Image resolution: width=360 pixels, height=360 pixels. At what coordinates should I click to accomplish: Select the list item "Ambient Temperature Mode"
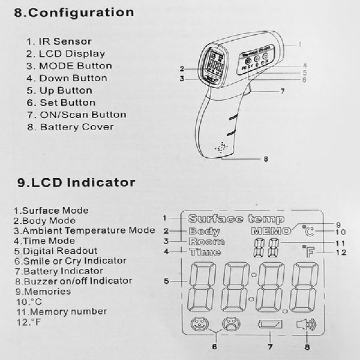(84, 230)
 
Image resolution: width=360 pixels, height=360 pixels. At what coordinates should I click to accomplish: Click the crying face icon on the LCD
(229, 326)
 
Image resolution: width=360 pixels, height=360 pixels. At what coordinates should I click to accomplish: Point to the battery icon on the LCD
(269, 326)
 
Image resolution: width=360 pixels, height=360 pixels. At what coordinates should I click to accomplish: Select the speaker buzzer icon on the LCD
(305, 326)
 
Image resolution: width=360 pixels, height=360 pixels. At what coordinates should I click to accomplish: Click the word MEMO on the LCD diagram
(271, 231)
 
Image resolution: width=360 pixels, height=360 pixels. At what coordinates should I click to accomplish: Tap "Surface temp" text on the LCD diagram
(235, 218)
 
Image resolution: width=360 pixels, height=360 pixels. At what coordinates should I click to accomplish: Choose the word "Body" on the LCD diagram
(205, 231)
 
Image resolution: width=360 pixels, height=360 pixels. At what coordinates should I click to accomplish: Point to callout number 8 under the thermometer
(266, 159)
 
